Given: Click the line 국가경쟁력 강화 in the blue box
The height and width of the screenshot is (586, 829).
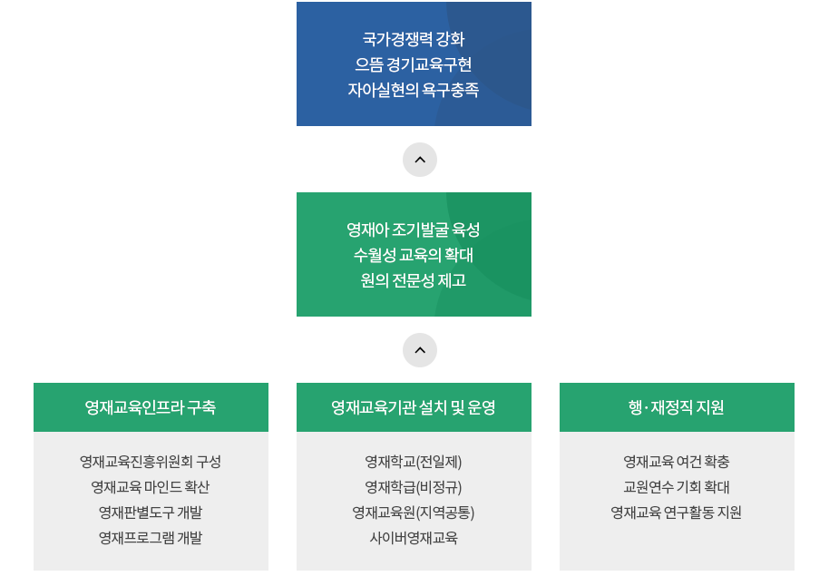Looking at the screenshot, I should (x=414, y=39).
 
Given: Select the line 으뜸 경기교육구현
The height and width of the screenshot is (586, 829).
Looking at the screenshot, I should (x=414, y=64).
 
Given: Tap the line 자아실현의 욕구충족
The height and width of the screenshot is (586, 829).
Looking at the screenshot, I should (x=414, y=90).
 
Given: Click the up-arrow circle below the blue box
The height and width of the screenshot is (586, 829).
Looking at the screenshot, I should (x=420, y=160).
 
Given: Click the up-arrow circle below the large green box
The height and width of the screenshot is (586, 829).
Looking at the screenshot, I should (x=420, y=350).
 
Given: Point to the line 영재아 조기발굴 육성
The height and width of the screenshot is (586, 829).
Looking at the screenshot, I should (x=414, y=230).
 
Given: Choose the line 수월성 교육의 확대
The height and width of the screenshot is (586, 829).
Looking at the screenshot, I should (x=414, y=255).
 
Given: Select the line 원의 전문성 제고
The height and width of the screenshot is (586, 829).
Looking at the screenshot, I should (x=414, y=280).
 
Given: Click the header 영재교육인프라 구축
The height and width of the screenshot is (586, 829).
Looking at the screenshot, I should (x=151, y=407).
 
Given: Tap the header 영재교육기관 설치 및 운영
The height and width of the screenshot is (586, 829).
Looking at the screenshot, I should (x=414, y=407).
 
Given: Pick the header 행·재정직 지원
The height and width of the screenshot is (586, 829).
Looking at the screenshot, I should (x=677, y=407).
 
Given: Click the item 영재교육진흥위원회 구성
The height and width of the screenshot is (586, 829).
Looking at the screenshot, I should (x=151, y=462).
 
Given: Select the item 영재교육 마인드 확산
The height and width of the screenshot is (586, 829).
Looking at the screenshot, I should (x=151, y=487).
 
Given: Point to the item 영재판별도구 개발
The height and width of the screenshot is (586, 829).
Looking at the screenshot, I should (x=151, y=513).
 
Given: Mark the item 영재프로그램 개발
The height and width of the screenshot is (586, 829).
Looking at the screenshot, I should (x=151, y=538).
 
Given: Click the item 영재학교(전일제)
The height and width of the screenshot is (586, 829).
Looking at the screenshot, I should (x=414, y=462).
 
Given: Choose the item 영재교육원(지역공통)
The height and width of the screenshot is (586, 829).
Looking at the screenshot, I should (x=414, y=513).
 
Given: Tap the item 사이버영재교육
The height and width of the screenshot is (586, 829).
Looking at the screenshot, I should (x=414, y=538).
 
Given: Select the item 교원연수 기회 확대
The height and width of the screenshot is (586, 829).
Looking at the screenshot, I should (x=677, y=487).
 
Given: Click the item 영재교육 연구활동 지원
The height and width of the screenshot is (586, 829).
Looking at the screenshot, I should (x=677, y=513).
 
